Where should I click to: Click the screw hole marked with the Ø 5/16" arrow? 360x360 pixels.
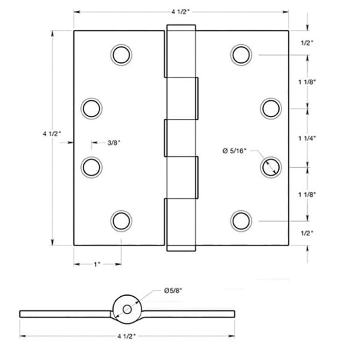click(271, 167)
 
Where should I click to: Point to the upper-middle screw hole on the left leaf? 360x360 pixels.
click(92, 108)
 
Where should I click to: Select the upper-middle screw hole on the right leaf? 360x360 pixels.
click(271, 108)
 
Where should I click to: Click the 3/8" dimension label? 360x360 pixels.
click(115, 143)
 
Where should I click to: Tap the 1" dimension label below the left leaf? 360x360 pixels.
click(97, 264)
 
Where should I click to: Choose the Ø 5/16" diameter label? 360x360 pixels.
click(235, 150)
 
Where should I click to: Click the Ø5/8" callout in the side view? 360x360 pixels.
click(174, 291)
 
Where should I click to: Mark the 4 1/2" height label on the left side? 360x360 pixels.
click(52, 133)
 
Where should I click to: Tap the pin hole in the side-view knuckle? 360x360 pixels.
click(127, 309)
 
